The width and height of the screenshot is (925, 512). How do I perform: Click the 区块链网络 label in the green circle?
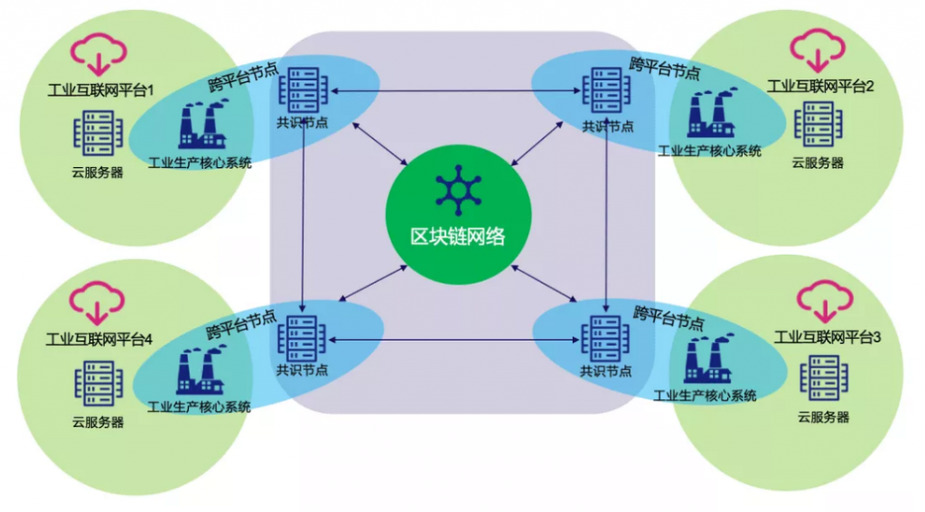tap(458, 237)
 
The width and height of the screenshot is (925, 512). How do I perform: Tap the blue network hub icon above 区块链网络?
tap(458, 191)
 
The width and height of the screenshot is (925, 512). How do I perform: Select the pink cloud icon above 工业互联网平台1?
tap(98, 54)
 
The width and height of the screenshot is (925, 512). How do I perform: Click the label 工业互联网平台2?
tap(820, 86)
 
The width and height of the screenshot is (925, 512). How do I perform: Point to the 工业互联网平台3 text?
tap(827, 337)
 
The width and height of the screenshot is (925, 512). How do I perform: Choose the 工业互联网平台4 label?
tap(99, 340)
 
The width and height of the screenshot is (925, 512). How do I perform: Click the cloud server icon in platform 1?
tap(98, 134)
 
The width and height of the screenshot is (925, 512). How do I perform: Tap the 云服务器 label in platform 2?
tap(818, 163)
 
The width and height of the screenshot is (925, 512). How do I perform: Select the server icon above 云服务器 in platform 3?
tap(824, 378)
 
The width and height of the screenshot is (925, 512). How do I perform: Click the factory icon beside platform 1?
tap(202, 125)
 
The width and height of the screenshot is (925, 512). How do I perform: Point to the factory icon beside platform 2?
tap(712, 113)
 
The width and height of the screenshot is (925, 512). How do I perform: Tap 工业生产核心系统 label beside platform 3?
tap(705, 396)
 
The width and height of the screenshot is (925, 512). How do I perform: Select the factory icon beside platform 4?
tap(201, 370)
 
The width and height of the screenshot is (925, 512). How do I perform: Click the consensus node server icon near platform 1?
tap(304, 89)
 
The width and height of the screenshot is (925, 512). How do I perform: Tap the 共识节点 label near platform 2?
tap(608, 126)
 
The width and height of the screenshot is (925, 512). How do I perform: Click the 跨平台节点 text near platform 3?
tap(668, 318)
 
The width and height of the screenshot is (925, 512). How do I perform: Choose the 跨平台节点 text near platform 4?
tap(240, 324)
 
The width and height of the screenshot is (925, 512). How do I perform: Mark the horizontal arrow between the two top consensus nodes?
tap(456, 91)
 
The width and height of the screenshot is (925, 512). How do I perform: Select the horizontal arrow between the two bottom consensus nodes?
tap(453, 340)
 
